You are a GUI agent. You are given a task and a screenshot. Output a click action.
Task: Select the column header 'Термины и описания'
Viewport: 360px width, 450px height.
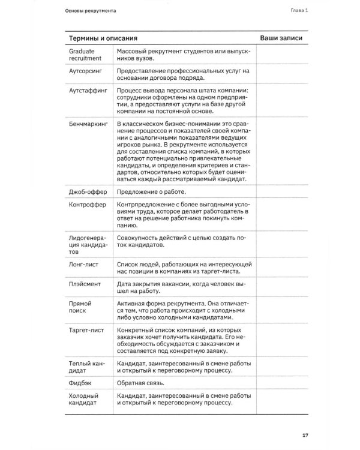pyautogui.click(x=100, y=38)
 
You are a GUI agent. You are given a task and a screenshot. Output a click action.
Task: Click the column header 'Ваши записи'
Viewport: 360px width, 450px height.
pyautogui.click(x=281, y=38)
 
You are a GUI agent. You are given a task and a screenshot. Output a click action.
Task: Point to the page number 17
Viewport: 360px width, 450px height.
pyautogui.click(x=305, y=435)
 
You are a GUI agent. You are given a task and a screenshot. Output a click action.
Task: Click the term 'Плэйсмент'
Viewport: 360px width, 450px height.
pyautogui.click(x=85, y=284)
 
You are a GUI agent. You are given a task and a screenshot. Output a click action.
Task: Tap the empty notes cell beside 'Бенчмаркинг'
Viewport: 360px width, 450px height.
pyautogui.click(x=281, y=153)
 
